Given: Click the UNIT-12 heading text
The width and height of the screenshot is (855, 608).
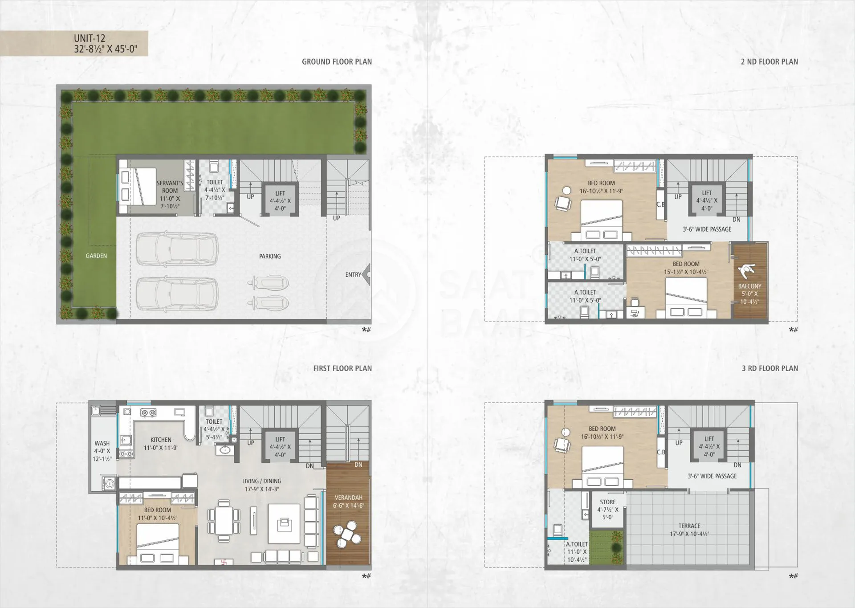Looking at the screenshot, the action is pyautogui.click(x=90, y=38).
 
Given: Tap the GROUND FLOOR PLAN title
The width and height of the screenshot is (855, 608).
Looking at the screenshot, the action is pyautogui.click(x=337, y=62).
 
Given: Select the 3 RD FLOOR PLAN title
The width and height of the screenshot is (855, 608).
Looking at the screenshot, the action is pyautogui.click(x=770, y=368).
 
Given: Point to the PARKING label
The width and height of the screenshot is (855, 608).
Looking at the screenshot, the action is pyautogui.click(x=270, y=256).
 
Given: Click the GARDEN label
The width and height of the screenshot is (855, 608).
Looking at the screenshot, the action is pyautogui.click(x=96, y=256).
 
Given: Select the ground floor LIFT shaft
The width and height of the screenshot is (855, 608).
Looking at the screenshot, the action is pyautogui.click(x=280, y=200).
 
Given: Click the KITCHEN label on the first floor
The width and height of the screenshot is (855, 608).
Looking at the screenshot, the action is pyautogui.click(x=161, y=440).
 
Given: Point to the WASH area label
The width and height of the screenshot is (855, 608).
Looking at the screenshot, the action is pyautogui.click(x=102, y=443).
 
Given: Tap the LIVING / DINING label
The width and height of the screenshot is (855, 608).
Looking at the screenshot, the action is pyautogui.click(x=262, y=481).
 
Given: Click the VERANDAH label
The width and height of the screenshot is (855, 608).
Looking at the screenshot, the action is pyautogui.click(x=348, y=498).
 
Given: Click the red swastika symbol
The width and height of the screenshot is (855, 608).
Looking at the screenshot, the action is pyautogui.click(x=224, y=562).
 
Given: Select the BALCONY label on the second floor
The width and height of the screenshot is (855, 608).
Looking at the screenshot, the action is pyautogui.click(x=749, y=286).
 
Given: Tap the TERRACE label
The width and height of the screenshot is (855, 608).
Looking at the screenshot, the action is pyautogui.click(x=689, y=526).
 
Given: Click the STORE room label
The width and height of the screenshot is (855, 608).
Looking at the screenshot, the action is pyautogui.click(x=607, y=502).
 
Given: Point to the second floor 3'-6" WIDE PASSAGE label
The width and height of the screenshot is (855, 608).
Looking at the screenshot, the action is pyautogui.click(x=707, y=229).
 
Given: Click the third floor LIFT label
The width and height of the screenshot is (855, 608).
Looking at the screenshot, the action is pyautogui.click(x=709, y=439).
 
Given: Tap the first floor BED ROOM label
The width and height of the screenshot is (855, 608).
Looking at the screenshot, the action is pyautogui.click(x=157, y=510).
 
